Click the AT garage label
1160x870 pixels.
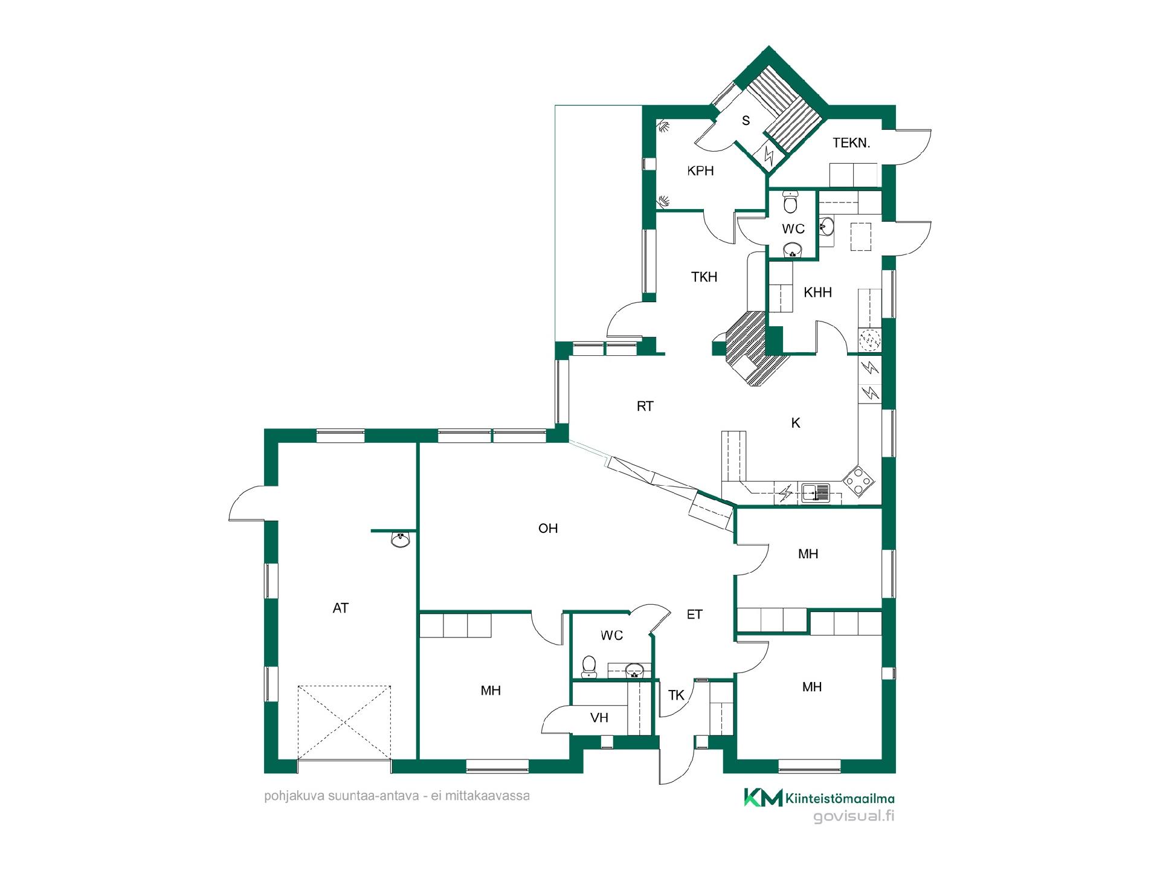pyautogui.click(x=341, y=608)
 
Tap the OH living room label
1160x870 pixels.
pyautogui.click(x=548, y=529)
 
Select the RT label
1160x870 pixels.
pyautogui.click(x=645, y=407)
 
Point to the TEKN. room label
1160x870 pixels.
pyautogui.click(x=851, y=143)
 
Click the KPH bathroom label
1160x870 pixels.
pyautogui.click(x=701, y=171)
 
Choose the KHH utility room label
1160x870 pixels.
pyautogui.click(x=818, y=292)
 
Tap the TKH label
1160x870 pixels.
pyautogui.click(x=704, y=277)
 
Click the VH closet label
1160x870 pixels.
pyautogui.click(x=599, y=718)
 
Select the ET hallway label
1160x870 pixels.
pyautogui.click(x=695, y=614)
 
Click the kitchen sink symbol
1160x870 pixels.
pyautogui.click(x=816, y=494)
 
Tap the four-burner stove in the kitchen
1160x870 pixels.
pyautogui.click(x=859, y=480)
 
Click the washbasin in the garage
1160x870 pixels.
pyautogui.click(x=401, y=540)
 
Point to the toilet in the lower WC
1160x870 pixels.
pyautogui.click(x=589, y=667)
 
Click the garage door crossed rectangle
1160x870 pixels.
pyautogui.click(x=344, y=722)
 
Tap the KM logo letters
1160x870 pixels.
pyautogui.click(x=763, y=797)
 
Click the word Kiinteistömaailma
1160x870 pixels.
pyautogui.click(x=840, y=799)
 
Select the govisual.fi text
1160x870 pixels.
pyautogui.click(x=854, y=817)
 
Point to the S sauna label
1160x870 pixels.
pyautogui.click(x=746, y=121)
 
